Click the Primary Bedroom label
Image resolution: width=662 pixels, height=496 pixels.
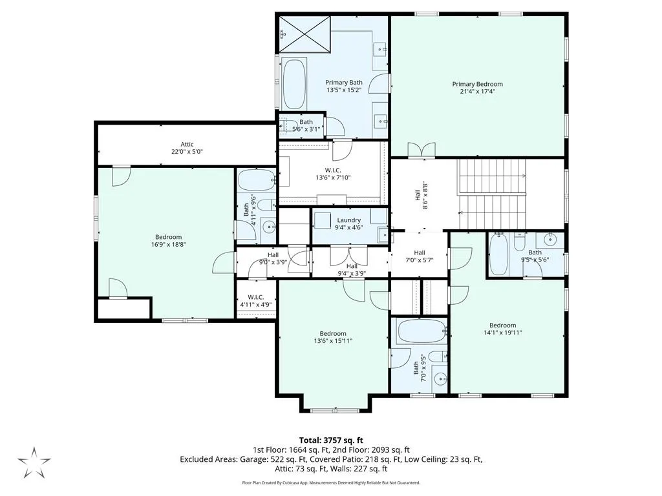pyautogui.click(x=478, y=84)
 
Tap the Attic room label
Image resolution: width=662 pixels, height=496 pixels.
pyautogui.click(x=187, y=144)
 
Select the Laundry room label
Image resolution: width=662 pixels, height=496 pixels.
pyautogui.click(x=348, y=220)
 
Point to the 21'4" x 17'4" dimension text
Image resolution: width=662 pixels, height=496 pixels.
pyautogui.click(x=478, y=91)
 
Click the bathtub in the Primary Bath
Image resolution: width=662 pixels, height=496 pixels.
pyautogui.click(x=294, y=84)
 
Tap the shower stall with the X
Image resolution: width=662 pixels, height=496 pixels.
pyautogui.click(x=304, y=34)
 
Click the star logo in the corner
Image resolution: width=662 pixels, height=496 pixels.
pyautogui.click(x=34, y=462)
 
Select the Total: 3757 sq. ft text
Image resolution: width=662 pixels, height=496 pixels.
pyautogui.click(x=331, y=441)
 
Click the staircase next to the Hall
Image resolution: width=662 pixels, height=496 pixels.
pyautogui.click(x=493, y=194)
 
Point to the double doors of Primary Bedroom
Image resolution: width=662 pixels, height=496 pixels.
pyautogui.click(x=422, y=150)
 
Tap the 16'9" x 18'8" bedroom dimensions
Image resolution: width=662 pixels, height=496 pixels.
pyautogui.click(x=169, y=244)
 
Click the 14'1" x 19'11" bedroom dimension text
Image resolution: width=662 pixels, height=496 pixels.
pyautogui.click(x=502, y=333)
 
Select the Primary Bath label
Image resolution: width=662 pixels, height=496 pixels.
pyautogui.click(x=344, y=83)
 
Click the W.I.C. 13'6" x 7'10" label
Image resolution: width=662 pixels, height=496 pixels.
pyautogui.click(x=333, y=174)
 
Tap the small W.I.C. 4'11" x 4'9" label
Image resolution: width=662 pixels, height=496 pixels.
pyautogui.click(x=256, y=301)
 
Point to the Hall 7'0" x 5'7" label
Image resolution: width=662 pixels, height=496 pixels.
pyautogui.click(x=419, y=256)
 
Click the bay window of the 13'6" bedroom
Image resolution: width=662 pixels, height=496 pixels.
pyautogui.click(x=336, y=410)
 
